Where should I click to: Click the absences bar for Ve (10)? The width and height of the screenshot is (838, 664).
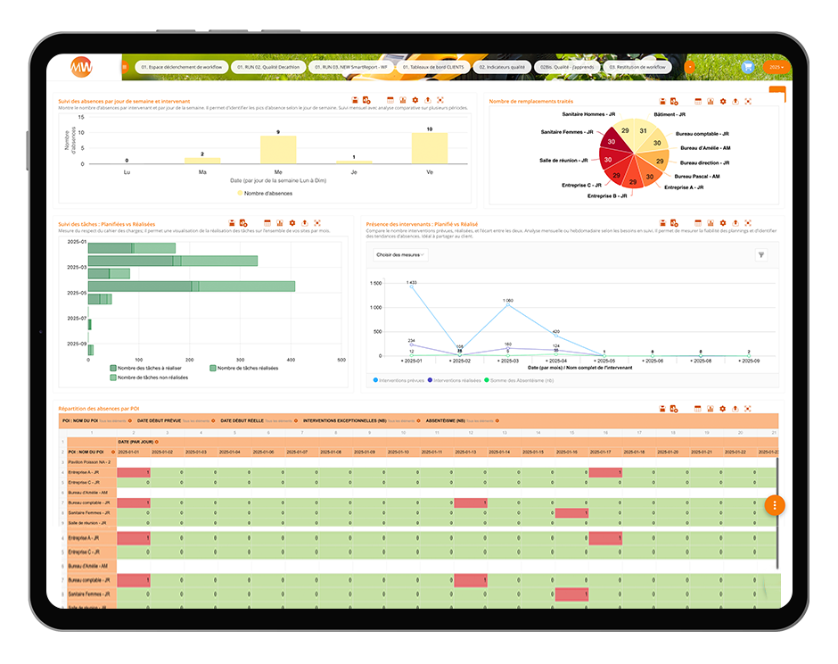click(429, 148)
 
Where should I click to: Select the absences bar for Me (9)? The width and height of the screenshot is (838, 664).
click(278, 149)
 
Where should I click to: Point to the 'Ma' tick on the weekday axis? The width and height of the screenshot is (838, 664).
click(202, 171)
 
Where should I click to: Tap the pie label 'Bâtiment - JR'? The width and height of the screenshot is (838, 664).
click(669, 115)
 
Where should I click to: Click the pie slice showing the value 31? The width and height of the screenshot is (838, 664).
click(643, 130)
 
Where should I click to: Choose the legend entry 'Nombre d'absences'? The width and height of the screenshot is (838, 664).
click(264, 193)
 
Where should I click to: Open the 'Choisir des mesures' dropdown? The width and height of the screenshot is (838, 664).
click(399, 254)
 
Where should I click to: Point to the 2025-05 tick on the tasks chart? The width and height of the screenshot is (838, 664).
click(77, 293)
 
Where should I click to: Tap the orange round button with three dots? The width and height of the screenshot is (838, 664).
click(775, 505)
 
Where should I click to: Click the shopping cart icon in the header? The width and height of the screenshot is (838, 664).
click(747, 67)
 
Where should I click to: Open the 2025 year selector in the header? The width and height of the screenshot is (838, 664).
click(777, 67)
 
